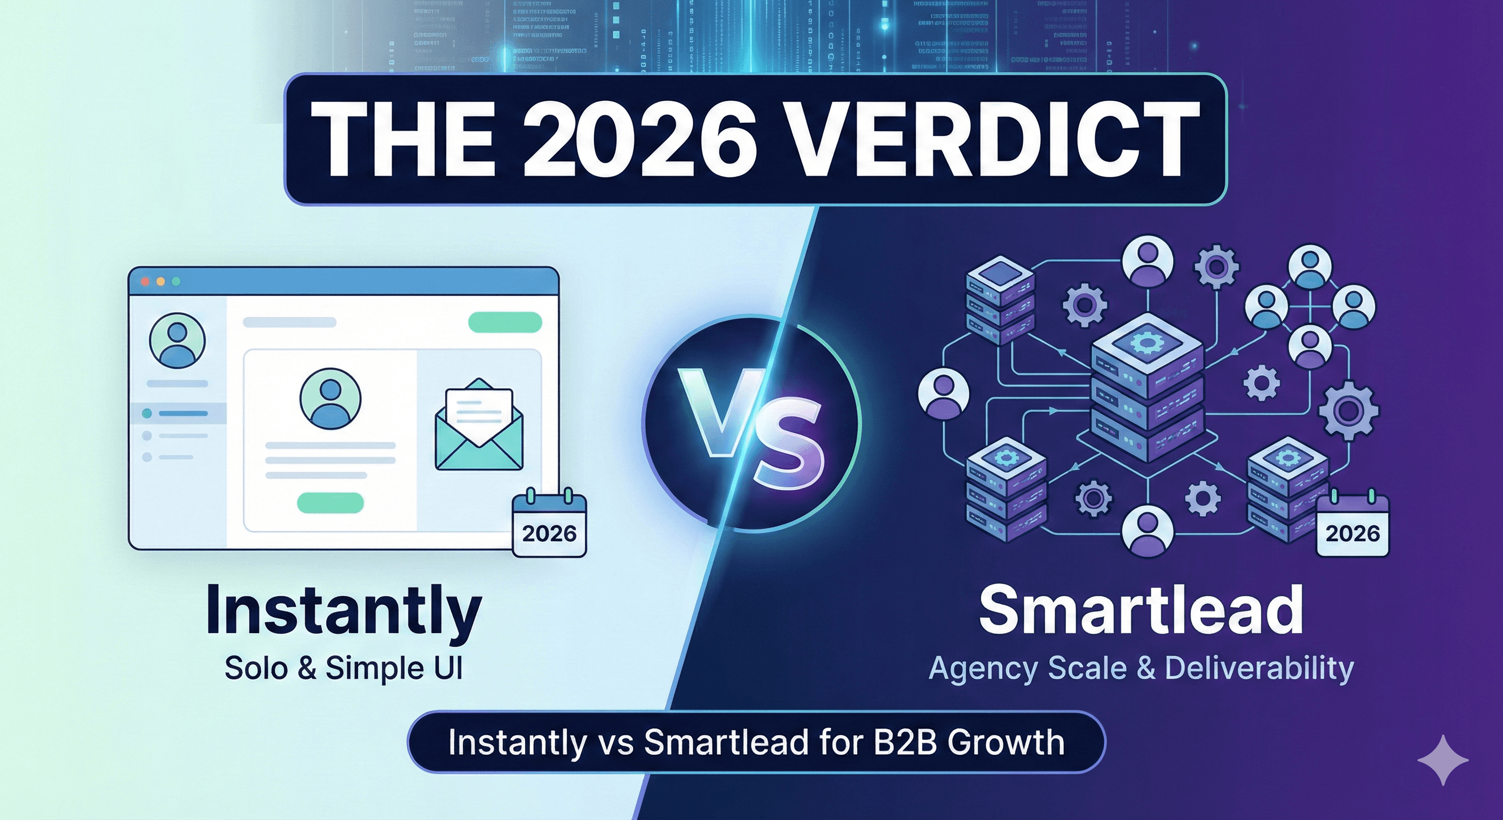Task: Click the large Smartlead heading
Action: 1141,610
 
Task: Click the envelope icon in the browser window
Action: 479,425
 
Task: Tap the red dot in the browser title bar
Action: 146,281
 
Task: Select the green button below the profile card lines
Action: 330,502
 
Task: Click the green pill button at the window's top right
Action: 505,322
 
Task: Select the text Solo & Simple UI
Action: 344,668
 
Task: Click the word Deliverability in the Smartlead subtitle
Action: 1259,668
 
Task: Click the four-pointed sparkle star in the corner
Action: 1443,760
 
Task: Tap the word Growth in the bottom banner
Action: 1006,743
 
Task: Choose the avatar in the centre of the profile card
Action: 330,399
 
